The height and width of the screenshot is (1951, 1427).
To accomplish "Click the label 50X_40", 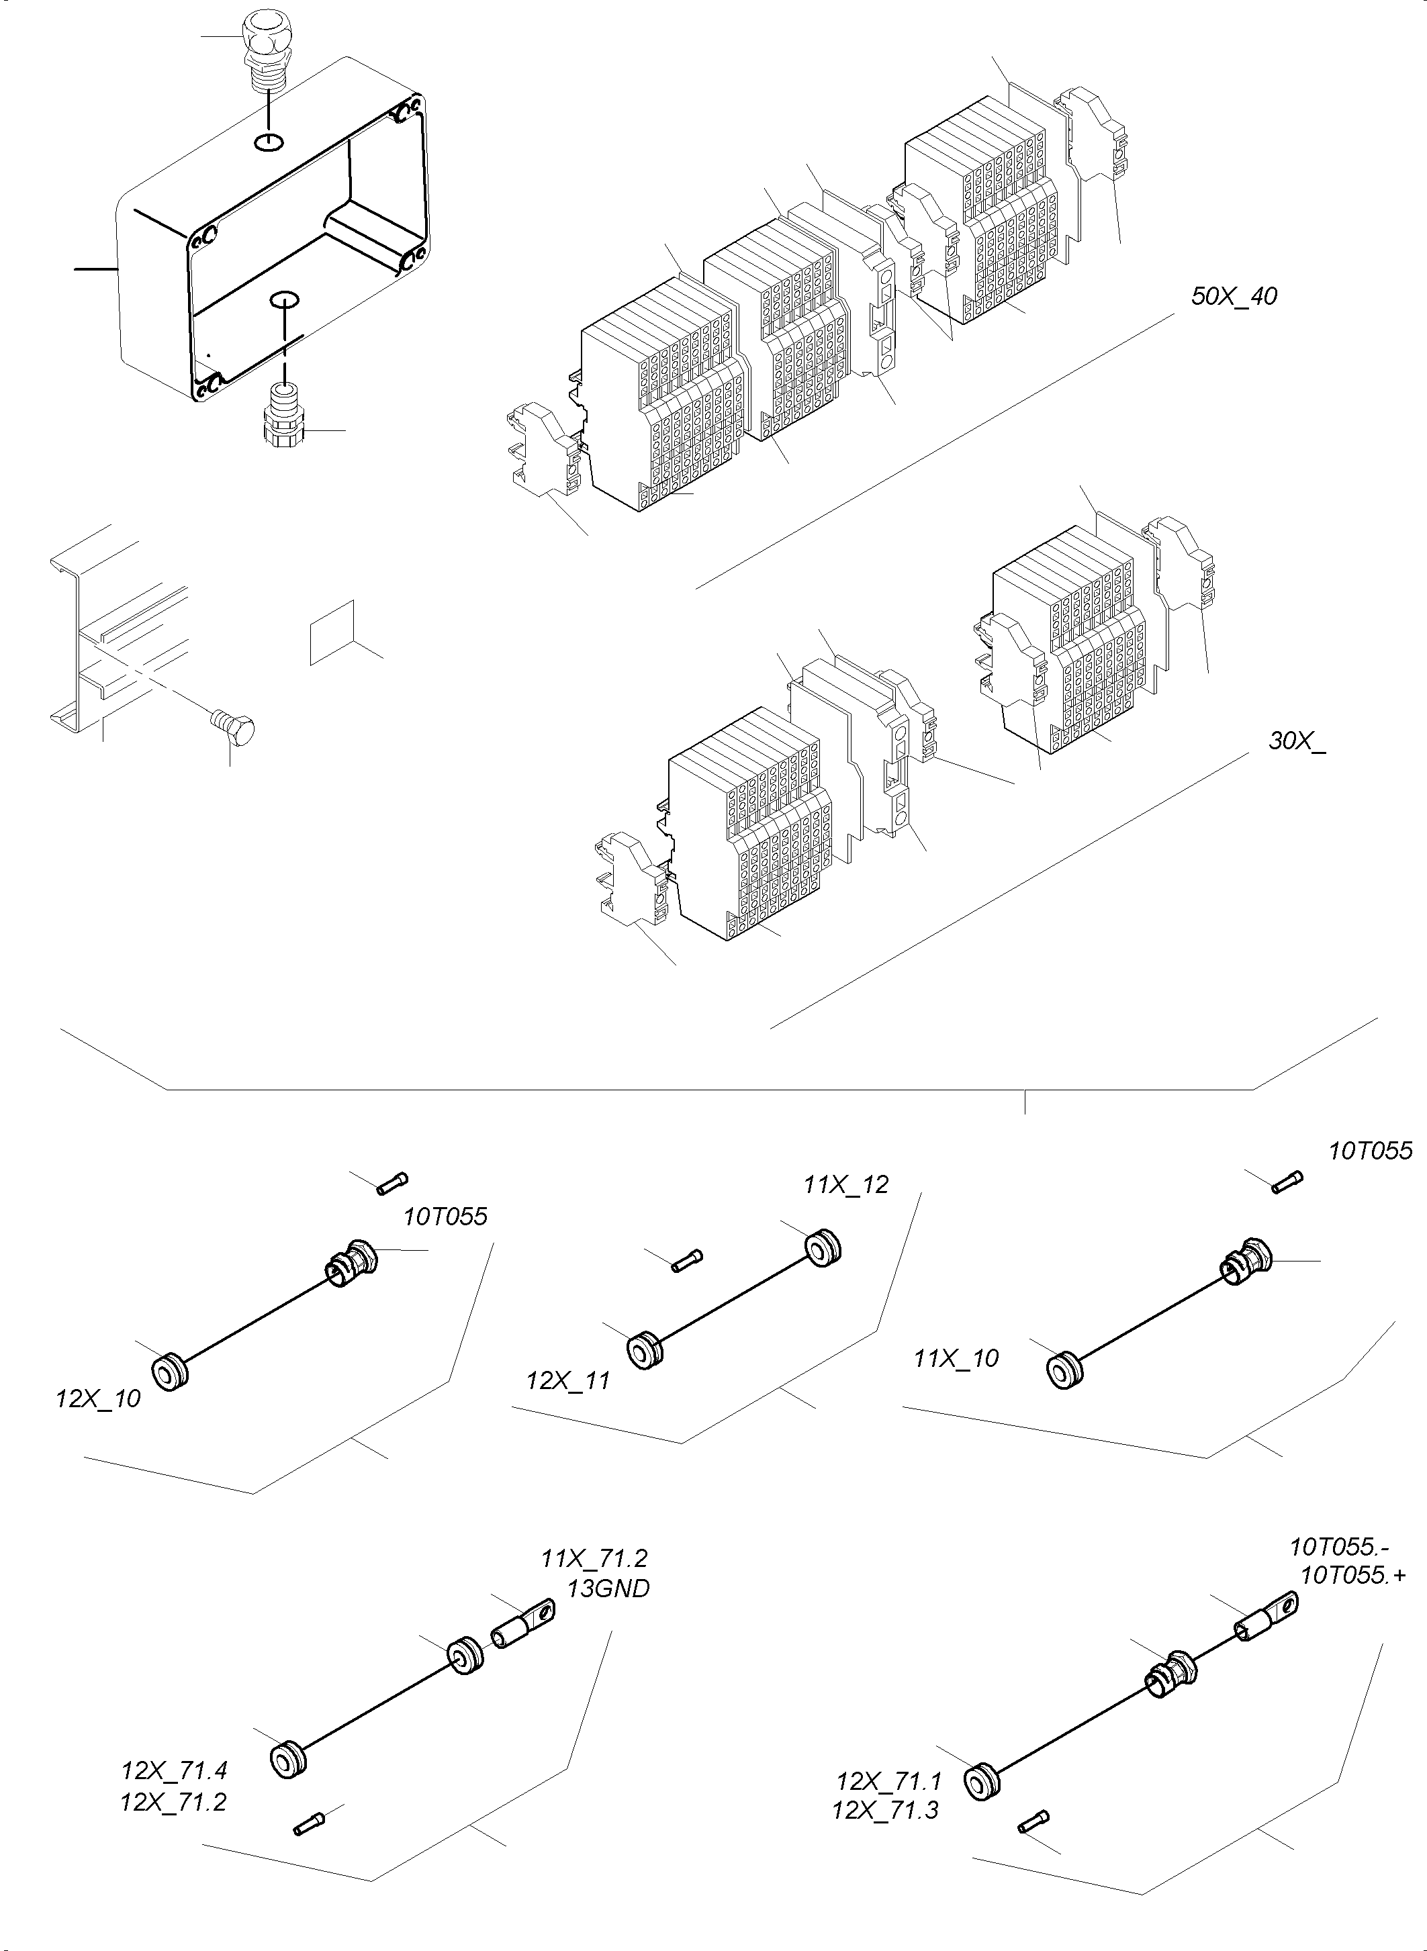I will point(1234,296).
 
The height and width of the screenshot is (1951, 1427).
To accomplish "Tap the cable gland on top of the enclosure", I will point(266,48).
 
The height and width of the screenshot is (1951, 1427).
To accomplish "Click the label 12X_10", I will point(97,1398).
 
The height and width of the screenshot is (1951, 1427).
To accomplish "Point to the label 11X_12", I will point(845,1184).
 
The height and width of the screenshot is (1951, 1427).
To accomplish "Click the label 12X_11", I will point(568,1380).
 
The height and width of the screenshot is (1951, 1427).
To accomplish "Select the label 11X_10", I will point(956,1358).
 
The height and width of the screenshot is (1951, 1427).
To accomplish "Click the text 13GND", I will point(608,1588).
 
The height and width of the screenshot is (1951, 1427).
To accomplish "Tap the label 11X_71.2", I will point(594,1558).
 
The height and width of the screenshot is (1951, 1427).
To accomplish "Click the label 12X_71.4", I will point(174,1770).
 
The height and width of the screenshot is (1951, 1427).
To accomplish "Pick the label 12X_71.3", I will point(884,1809).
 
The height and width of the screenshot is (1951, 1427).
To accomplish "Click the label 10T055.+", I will point(1352,1574).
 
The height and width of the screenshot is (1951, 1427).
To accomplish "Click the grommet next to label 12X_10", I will point(169,1372).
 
